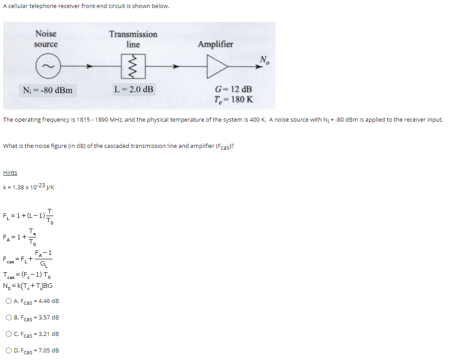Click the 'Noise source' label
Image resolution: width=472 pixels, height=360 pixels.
coord(46,39)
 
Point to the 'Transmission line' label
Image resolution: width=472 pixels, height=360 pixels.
coord(133,39)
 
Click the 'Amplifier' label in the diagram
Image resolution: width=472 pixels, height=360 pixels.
coord(215,44)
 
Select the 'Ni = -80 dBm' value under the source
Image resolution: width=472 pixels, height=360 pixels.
coord(48,90)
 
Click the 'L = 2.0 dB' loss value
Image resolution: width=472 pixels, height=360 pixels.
coord(134,90)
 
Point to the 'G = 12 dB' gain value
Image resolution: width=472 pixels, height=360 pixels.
coord(233,90)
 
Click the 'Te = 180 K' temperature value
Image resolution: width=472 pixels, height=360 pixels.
coord(233,99)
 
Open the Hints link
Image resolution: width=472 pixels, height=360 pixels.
coord(10,173)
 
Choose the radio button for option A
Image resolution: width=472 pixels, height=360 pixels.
coord(9,301)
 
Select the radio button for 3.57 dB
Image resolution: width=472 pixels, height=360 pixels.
coord(9,318)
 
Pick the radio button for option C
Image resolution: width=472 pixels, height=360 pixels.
coord(9,334)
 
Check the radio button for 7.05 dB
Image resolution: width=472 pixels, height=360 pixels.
coord(9,351)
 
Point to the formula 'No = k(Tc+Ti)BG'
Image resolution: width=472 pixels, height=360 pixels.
coord(28,286)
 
